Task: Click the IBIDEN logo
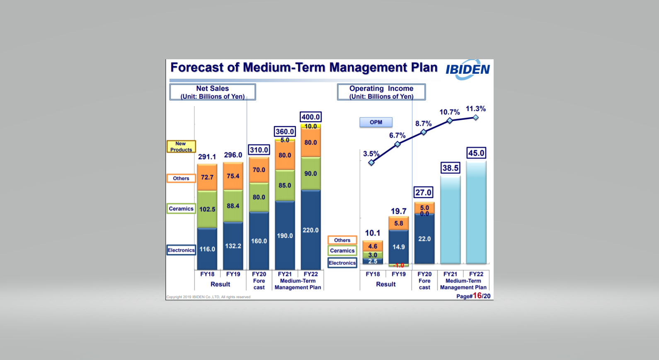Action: tap(468, 70)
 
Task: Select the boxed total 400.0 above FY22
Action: tap(310, 117)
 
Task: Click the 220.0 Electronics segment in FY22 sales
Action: tap(310, 230)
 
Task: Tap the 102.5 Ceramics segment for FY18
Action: tap(207, 209)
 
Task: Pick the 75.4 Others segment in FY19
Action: tap(233, 176)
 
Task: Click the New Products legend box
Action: tap(181, 147)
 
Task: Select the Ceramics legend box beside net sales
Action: tap(181, 209)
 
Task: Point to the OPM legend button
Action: tap(376, 122)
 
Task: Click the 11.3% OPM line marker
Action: tap(476, 118)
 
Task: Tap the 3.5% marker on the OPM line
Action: tap(371, 162)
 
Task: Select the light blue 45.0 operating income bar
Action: tap(476, 213)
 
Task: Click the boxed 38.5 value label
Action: tap(450, 168)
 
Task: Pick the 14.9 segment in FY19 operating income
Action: tap(398, 247)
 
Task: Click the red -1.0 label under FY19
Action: tap(399, 266)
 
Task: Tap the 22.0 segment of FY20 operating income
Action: tap(424, 239)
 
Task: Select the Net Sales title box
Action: tap(213, 92)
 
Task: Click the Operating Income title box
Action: tap(381, 92)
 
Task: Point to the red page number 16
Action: tap(477, 295)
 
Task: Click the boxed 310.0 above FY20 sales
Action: tap(259, 150)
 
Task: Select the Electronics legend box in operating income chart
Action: tap(342, 263)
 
